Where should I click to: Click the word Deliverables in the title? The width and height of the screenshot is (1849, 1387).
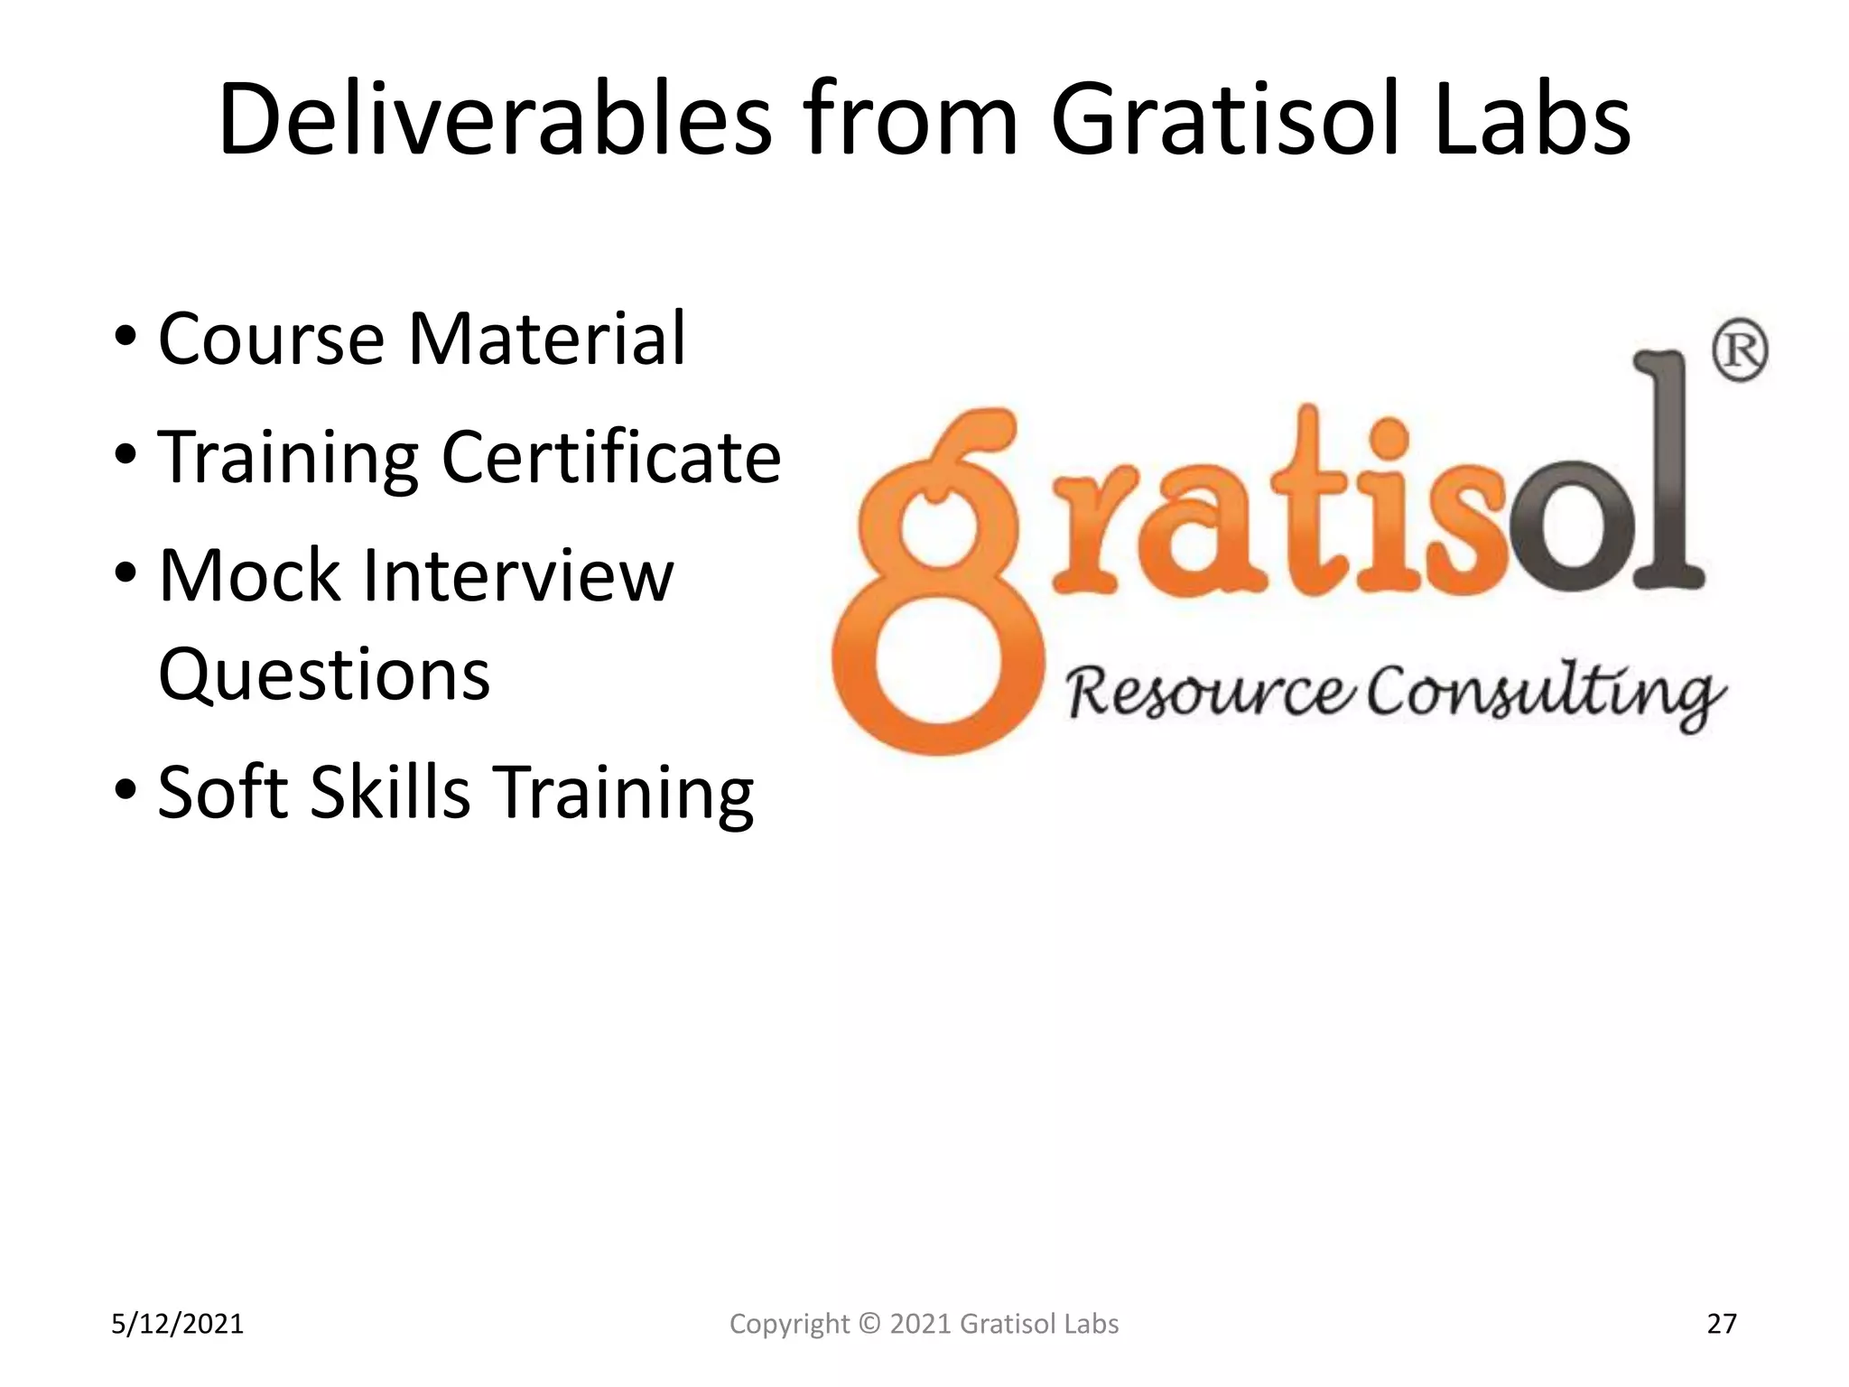(495, 120)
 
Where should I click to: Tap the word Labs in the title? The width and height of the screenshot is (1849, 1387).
(1532, 120)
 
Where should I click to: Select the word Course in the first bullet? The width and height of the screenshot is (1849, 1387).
(271, 339)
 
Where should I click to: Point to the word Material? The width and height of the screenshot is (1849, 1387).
(547, 339)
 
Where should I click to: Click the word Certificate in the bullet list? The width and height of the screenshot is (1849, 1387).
(611, 457)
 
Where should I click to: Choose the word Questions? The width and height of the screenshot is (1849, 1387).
(324, 675)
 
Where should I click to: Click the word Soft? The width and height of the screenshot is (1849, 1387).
(223, 792)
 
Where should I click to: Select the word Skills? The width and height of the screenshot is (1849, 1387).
(390, 792)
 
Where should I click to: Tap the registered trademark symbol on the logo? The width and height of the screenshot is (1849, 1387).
(1740, 350)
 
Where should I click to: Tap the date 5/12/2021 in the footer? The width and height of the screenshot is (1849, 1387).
(177, 1324)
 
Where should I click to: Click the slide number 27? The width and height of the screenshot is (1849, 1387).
(1722, 1324)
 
